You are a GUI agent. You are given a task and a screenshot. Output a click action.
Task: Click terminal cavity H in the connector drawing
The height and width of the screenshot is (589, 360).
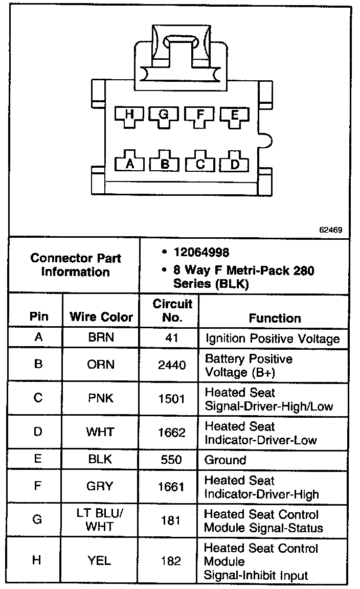129,116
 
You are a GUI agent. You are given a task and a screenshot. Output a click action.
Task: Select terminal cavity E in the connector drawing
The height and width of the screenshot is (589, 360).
234,116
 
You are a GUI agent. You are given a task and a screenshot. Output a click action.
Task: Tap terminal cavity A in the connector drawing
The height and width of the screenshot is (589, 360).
129,163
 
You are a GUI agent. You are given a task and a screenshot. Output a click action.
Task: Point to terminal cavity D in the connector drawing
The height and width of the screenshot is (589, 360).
234,163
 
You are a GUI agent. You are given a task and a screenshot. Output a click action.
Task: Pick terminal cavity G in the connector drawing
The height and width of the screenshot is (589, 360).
164,116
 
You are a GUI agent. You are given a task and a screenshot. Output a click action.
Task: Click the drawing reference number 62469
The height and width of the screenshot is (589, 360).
330,230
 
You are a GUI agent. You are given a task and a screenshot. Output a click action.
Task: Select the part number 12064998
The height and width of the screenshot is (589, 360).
201,253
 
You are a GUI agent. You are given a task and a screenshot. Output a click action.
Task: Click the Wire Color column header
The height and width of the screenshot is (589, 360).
101,317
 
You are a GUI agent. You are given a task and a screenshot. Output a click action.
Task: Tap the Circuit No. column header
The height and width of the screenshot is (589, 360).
172,310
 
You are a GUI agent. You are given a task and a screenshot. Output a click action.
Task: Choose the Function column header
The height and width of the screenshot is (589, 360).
275,318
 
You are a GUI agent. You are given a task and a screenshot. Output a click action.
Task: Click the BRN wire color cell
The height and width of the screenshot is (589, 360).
101,338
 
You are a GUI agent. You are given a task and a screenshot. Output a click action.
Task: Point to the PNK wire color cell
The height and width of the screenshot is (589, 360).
101,398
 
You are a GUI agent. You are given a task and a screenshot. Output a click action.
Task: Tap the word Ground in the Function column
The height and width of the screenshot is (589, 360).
225,460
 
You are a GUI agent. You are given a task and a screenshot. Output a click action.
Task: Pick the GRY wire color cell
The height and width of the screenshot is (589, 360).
101,486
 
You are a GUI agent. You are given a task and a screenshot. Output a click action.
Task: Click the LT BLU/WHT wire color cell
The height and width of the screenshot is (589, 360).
101,520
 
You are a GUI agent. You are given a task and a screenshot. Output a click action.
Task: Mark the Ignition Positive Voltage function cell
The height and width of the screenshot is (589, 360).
272,338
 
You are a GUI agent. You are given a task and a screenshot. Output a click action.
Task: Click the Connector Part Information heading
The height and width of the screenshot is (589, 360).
75,265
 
